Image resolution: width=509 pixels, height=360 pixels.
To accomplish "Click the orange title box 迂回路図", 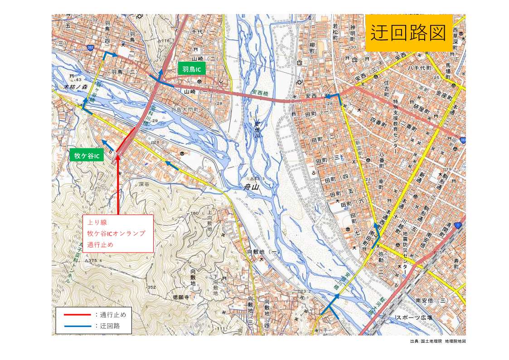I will point(409,33).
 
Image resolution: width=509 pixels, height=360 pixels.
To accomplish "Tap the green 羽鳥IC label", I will point(192,69).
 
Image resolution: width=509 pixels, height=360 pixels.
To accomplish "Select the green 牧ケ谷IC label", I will point(87,156).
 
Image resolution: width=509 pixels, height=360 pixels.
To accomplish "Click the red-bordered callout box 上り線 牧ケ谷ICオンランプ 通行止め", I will point(118,234).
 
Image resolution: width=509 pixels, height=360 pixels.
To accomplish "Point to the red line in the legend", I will point(77,314).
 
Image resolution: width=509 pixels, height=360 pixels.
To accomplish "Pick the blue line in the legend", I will point(77,326).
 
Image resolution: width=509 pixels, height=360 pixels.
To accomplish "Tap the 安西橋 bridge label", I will point(261,94).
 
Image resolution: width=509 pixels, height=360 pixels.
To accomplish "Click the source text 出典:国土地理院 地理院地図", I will point(437,341).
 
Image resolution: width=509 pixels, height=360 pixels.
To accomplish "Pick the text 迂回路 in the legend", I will point(109,326).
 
